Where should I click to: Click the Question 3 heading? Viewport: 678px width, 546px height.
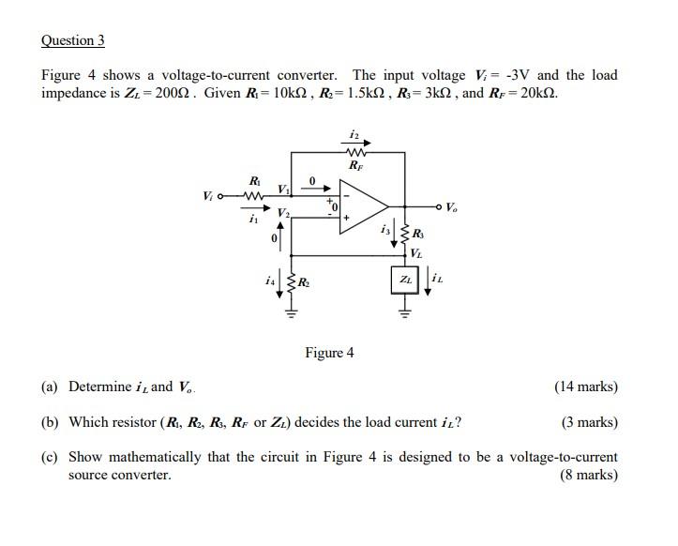coord(73,40)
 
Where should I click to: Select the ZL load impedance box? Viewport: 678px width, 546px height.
coord(405,279)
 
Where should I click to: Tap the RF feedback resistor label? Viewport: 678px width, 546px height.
coord(354,164)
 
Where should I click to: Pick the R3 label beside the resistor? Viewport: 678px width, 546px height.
coord(417,234)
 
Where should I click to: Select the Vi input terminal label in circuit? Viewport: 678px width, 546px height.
coord(208,196)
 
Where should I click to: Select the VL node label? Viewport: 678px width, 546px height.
coord(416,251)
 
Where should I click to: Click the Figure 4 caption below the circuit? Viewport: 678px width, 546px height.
coord(329,353)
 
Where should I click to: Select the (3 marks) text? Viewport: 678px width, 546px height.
coord(589,422)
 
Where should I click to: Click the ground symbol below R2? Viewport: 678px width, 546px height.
coord(292,312)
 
